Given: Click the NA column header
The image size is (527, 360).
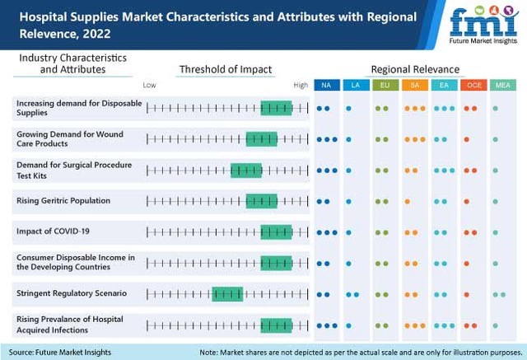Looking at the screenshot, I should (x=326, y=85).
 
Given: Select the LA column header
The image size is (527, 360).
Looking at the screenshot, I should (x=355, y=85).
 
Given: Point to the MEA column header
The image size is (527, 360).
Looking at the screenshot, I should (x=500, y=85).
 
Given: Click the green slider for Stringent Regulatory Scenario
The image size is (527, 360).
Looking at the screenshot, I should (x=226, y=293).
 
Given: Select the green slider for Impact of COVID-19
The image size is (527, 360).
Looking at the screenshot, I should (x=276, y=231).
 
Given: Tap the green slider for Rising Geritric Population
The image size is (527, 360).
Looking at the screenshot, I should (x=261, y=201).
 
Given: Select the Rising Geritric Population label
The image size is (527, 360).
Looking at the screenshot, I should (x=63, y=200).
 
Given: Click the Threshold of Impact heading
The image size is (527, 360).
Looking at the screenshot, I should (x=225, y=69).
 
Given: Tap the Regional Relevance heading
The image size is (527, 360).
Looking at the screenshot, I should (x=415, y=69).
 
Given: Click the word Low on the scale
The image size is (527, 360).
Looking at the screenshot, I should (x=149, y=85).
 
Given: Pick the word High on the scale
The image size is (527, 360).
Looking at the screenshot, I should (x=301, y=85).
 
